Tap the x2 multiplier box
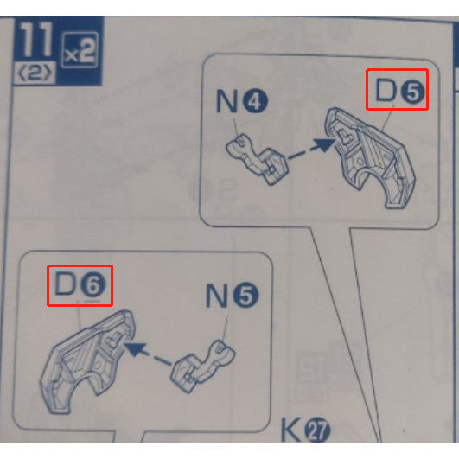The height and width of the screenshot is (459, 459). click(80, 50)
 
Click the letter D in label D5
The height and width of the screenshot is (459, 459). click(386, 90)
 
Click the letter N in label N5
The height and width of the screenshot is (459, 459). click(218, 296)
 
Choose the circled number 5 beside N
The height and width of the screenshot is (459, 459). click(245, 297)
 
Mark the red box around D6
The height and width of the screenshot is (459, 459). click(80, 285)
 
